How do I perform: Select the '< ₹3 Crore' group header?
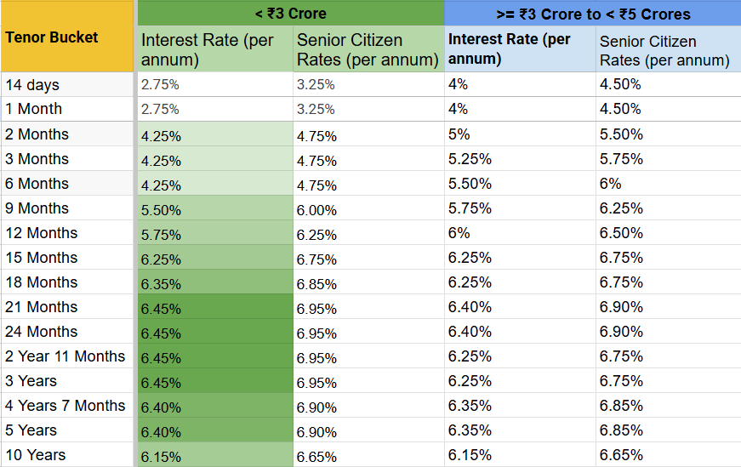point(290,13)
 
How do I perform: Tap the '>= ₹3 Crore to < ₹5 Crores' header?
point(592,13)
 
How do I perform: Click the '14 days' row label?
point(32,85)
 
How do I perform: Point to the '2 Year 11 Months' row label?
point(65,356)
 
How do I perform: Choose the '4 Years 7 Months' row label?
point(65,406)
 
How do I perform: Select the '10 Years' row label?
point(35,455)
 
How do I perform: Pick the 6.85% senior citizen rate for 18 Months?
point(316,284)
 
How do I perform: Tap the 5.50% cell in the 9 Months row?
point(161,210)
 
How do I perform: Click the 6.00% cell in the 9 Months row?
point(316,210)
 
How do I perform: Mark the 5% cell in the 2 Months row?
point(459,134)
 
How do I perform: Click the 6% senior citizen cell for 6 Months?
point(611,184)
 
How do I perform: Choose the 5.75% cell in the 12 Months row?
point(161,235)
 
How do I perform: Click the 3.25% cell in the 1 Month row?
point(316,109)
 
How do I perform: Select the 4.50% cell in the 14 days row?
point(620,84)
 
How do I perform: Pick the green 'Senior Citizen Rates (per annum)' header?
point(368,50)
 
